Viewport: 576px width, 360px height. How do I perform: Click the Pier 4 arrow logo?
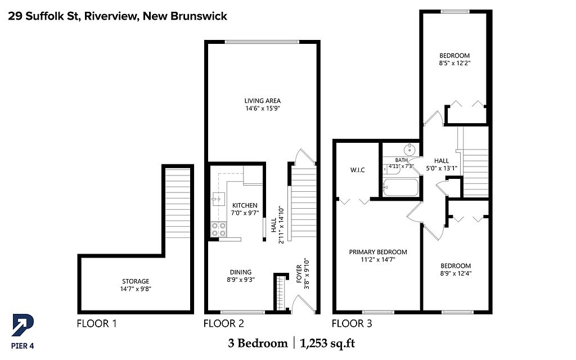click(22, 325)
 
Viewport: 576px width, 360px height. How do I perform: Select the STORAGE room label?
click(136, 281)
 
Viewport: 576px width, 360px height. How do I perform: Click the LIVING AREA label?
click(263, 101)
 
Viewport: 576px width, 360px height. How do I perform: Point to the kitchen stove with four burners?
click(219, 229)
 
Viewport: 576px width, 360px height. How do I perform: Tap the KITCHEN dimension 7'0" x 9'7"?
click(245, 213)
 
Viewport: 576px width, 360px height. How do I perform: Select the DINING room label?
click(241, 272)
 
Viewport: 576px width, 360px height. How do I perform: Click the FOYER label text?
click(299, 274)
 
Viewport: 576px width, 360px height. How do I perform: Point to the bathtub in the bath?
click(400, 187)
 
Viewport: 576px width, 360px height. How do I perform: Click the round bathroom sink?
click(409, 150)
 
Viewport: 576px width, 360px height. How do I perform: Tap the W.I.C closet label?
click(357, 170)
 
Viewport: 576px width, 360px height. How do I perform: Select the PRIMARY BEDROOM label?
click(378, 252)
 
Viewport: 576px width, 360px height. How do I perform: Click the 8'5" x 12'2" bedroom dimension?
click(454, 63)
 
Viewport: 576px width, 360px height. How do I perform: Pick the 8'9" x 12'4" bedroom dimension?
click(456, 273)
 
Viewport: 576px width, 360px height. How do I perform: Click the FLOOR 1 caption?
click(97, 323)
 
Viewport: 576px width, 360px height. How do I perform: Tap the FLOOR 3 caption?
click(352, 323)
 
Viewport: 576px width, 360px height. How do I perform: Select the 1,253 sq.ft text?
click(328, 344)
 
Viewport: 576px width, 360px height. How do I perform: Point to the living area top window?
click(262, 42)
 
